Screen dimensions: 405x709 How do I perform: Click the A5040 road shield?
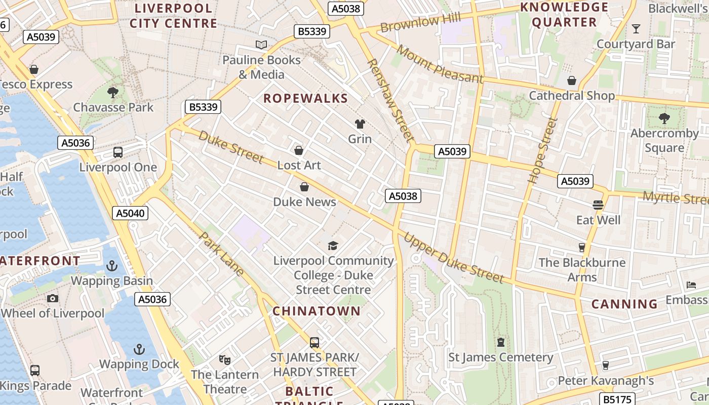pyautogui.click(x=130, y=213)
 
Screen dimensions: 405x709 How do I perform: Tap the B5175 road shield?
pyautogui.click(x=617, y=399)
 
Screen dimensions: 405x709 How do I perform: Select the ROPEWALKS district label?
pyautogui.click(x=305, y=98)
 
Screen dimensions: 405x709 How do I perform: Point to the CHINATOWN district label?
pyautogui.click(x=317, y=311)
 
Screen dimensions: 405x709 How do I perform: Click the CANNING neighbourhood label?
pyautogui.click(x=624, y=304)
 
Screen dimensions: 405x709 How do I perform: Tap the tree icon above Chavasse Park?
pyautogui.click(x=113, y=92)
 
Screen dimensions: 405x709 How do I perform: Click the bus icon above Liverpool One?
pyautogui.click(x=118, y=152)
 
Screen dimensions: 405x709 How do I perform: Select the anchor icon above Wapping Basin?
pyautogui.click(x=111, y=265)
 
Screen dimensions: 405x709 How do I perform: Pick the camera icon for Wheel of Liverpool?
pyautogui.click(x=53, y=298)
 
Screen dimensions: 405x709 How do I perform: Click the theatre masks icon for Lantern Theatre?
pyautogui.click(x=225, y=359)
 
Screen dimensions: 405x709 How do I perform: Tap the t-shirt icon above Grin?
pyautogui.click(x=360, y=124)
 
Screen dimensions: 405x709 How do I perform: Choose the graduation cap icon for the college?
pyautogui.click(x=333, y=246)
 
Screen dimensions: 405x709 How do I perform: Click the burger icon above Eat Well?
pyautogui.click(x=598, y=205)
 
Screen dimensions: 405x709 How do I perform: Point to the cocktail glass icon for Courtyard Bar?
pyautogui.click(x=636, y=29)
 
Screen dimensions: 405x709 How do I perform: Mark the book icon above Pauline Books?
pyautogui.click(x=261, y=45)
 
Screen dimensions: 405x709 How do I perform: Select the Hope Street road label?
pyautogui.click(x=542, y=150)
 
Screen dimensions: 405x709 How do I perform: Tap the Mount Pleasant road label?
pyautogui.click(x=440, y=64)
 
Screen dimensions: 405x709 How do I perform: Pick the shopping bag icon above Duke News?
pyautogui.click(x=304, y=187)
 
